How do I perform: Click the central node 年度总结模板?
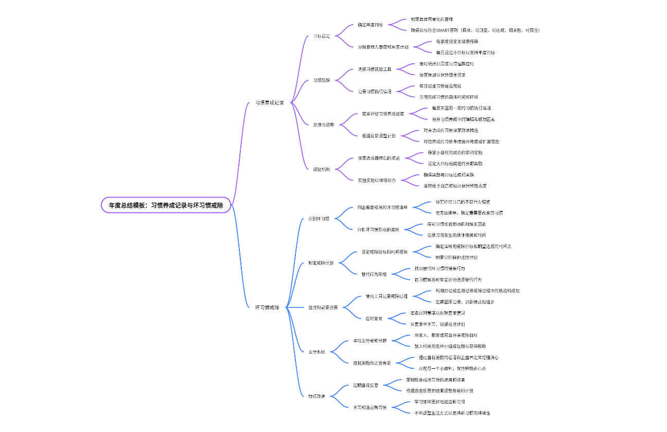(x=166, y=205)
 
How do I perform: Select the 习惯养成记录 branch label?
(x=270, y=102)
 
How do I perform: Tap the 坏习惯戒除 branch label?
(x=268, y=307)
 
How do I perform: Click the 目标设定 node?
(x=322, y=36)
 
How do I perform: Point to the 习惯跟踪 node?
(x=322, y=80)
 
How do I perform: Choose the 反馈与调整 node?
(x=324, y=124)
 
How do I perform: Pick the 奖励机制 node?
(x=322, y=169)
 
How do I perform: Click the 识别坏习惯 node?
(x=319, y=219)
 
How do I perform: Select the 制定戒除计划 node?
(x=321, y=263)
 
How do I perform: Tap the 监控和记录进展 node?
(x=323, y=307)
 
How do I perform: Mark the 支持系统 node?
(x=317, y=352)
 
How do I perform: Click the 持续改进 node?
(x=317, y=396)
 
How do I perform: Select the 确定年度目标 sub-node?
(x=371, y=25)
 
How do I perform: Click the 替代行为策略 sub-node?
(x=374, y=274)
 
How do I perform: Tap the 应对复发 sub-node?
(x=374, y=318)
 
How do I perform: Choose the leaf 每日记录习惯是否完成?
(x=440, y=86)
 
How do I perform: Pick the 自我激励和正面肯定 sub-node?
(x=372, y=363)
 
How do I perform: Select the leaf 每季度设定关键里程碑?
(x=457, y=41)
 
